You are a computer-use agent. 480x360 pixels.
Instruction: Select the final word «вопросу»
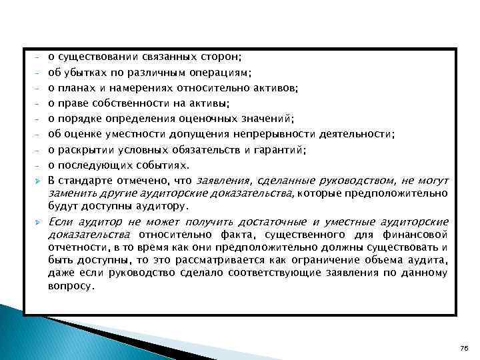pyautogui.click(x=71, y=285)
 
